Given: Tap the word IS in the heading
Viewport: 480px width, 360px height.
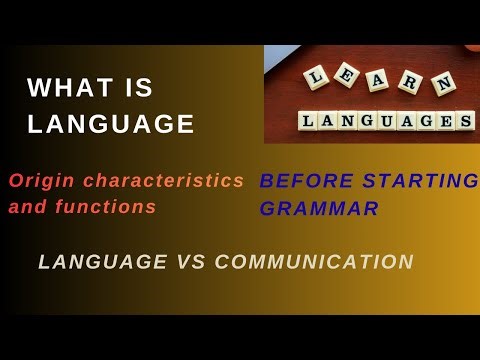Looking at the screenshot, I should point(141,89).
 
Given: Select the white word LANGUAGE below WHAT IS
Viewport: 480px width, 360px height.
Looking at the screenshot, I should point(111,124).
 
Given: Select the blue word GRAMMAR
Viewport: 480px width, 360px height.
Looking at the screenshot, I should point(318,210).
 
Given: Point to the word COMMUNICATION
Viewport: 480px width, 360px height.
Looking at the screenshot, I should point(314,262).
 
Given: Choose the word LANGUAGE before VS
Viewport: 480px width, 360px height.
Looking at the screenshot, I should point(103,262).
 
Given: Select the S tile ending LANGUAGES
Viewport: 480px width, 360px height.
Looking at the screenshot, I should point(464,121).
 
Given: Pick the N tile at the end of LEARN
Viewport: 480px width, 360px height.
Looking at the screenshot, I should point(440,88).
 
